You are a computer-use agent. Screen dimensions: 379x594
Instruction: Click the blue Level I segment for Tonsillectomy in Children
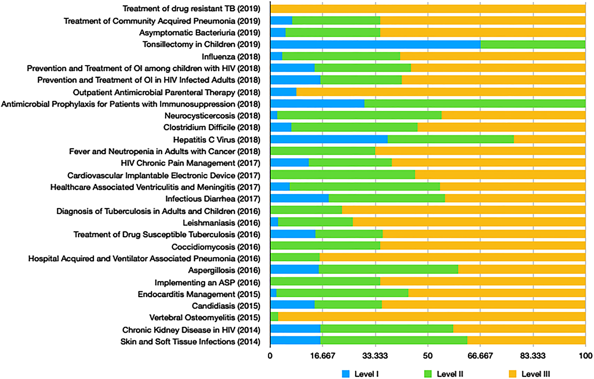375,45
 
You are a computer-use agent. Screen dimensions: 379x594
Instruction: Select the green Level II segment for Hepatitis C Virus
451,140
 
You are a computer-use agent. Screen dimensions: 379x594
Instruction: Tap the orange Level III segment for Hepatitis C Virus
549,140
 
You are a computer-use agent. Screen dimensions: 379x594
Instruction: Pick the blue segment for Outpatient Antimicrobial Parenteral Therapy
283,92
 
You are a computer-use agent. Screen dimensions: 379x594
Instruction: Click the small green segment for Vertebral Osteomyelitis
275,317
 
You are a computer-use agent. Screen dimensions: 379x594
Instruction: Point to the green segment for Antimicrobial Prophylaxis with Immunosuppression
475,104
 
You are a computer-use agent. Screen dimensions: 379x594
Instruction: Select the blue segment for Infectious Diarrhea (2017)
299,199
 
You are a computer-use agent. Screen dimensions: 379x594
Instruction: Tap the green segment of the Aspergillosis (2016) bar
388,270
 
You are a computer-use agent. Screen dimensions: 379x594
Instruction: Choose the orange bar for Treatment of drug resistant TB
428,9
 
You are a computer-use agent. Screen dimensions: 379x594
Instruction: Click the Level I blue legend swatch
346,374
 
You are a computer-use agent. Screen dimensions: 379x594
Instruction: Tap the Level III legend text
535,374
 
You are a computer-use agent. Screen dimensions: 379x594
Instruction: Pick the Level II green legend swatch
428,374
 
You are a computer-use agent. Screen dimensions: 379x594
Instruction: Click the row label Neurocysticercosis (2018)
212,116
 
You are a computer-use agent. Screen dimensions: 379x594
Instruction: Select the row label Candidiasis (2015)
226,306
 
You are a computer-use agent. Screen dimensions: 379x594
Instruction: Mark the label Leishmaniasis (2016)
221,223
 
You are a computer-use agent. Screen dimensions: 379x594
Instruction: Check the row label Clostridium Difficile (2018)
211,127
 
